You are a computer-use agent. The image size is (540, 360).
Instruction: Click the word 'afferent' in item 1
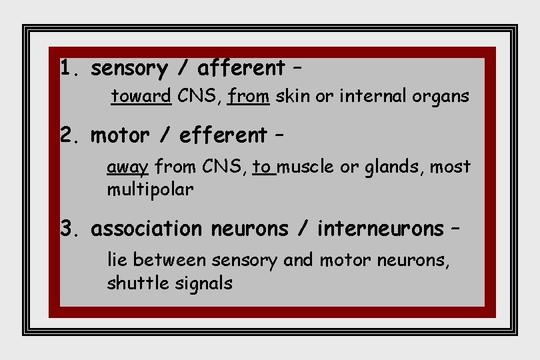pyautogui.click(x=241, y=68)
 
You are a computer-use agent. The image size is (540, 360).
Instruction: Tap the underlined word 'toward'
pyautogui.click(x=141, y=97)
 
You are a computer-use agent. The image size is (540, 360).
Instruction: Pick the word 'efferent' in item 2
pyautogui.click(x=223, y=135)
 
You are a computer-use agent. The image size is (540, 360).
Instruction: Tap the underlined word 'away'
pyautogui.click(x=127, y=167)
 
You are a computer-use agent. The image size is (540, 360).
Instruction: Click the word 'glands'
pyautogui.click(x=393, y=167)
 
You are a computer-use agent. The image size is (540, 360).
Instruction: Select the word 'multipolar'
pyautogui.click(x=150, y=190)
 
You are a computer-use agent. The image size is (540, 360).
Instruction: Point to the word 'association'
pyautogui.click(x=146, y=229)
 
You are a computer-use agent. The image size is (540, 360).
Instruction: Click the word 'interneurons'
pyautogui.click(x=380, y=229)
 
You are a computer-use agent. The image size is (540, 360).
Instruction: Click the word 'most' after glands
pyautogui.click(x=450, y=167)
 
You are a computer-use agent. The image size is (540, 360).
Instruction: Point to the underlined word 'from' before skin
pyautogui.click(x=248, y=97)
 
